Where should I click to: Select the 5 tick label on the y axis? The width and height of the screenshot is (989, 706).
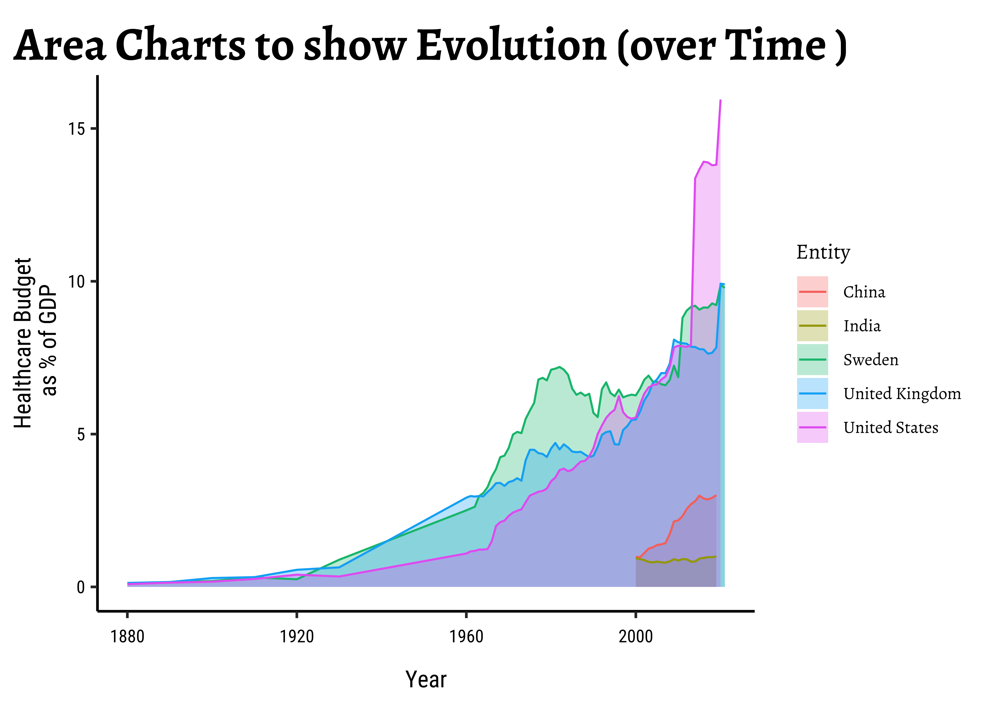click(81, 434)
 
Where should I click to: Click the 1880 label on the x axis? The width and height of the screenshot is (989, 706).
click(127, 637)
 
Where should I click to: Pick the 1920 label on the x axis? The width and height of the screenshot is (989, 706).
click(297, 637)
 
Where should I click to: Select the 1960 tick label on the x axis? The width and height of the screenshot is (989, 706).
click(466, 637)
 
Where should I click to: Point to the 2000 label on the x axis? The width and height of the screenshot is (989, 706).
click(636, 637)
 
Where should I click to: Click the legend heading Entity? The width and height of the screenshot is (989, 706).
click(823, 252)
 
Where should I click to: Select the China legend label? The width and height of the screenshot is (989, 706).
click(864, 292)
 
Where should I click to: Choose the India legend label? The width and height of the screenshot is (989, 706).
click(862, 326)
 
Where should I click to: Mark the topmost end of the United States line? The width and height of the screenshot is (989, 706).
click(721, 100)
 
